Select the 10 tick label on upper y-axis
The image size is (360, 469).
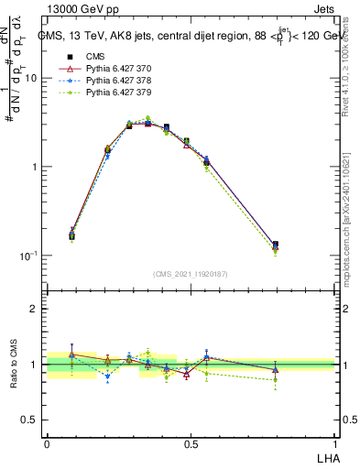31,79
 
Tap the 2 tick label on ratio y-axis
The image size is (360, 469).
35,310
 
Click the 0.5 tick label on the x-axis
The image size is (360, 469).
191,443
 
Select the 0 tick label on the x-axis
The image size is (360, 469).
46,443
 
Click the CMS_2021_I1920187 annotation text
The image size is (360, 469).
190,274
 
